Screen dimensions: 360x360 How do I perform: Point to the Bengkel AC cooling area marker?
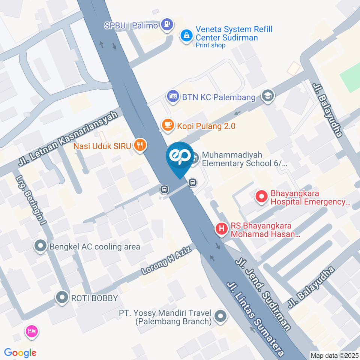39,246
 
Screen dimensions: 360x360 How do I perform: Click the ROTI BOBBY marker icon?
61,298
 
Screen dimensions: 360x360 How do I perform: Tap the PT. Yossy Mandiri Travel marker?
221,316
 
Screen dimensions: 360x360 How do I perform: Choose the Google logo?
20,352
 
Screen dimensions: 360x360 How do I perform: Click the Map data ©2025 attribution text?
335,355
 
